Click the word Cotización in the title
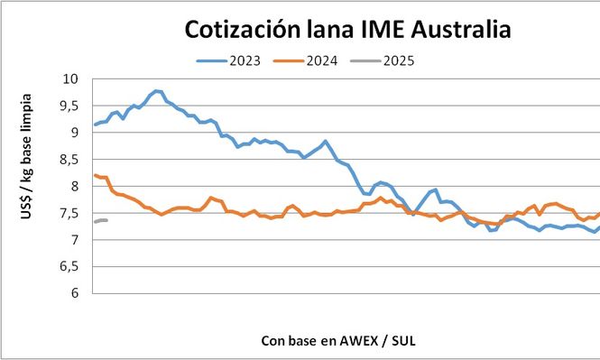(244, 30)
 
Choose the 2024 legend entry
(322, 61)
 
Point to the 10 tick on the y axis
(70, 78)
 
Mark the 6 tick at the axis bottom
(74, 293)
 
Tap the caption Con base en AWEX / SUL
(339, 340)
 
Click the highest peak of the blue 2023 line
(156, 91)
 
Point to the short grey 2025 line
(100, 220)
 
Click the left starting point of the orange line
(95, 175)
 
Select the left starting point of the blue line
(95, 125)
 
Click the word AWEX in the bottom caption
(362, 340)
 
